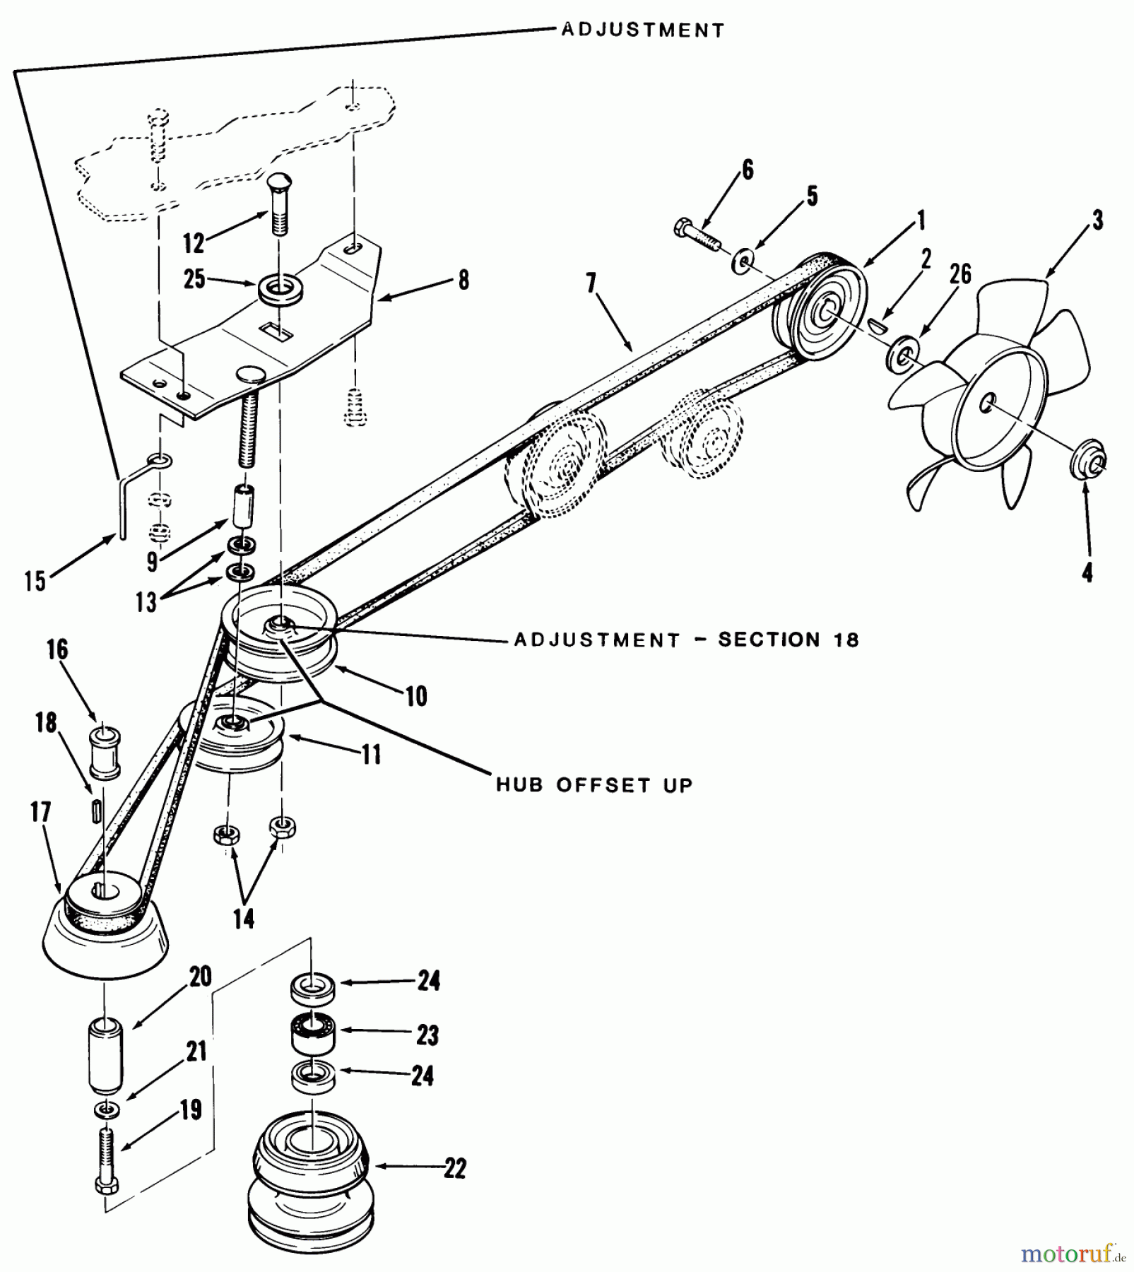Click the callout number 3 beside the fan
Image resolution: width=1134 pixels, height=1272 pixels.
tap(1097, 220)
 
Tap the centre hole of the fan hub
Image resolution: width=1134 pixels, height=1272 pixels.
tap(986, 404)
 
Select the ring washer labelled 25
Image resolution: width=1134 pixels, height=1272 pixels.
tap(278, 290)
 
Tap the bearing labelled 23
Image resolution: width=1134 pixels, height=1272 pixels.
tap(314, 1036)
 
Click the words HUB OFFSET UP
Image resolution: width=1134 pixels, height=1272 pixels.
tap(594, 785)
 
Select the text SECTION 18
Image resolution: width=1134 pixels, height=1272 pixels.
tap(788, 640)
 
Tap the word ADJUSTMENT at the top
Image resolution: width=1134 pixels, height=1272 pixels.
tap(643, 30)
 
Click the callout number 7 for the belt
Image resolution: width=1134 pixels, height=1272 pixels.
tap(591, 283)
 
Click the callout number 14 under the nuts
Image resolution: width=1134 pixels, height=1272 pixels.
tap(243, 919)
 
